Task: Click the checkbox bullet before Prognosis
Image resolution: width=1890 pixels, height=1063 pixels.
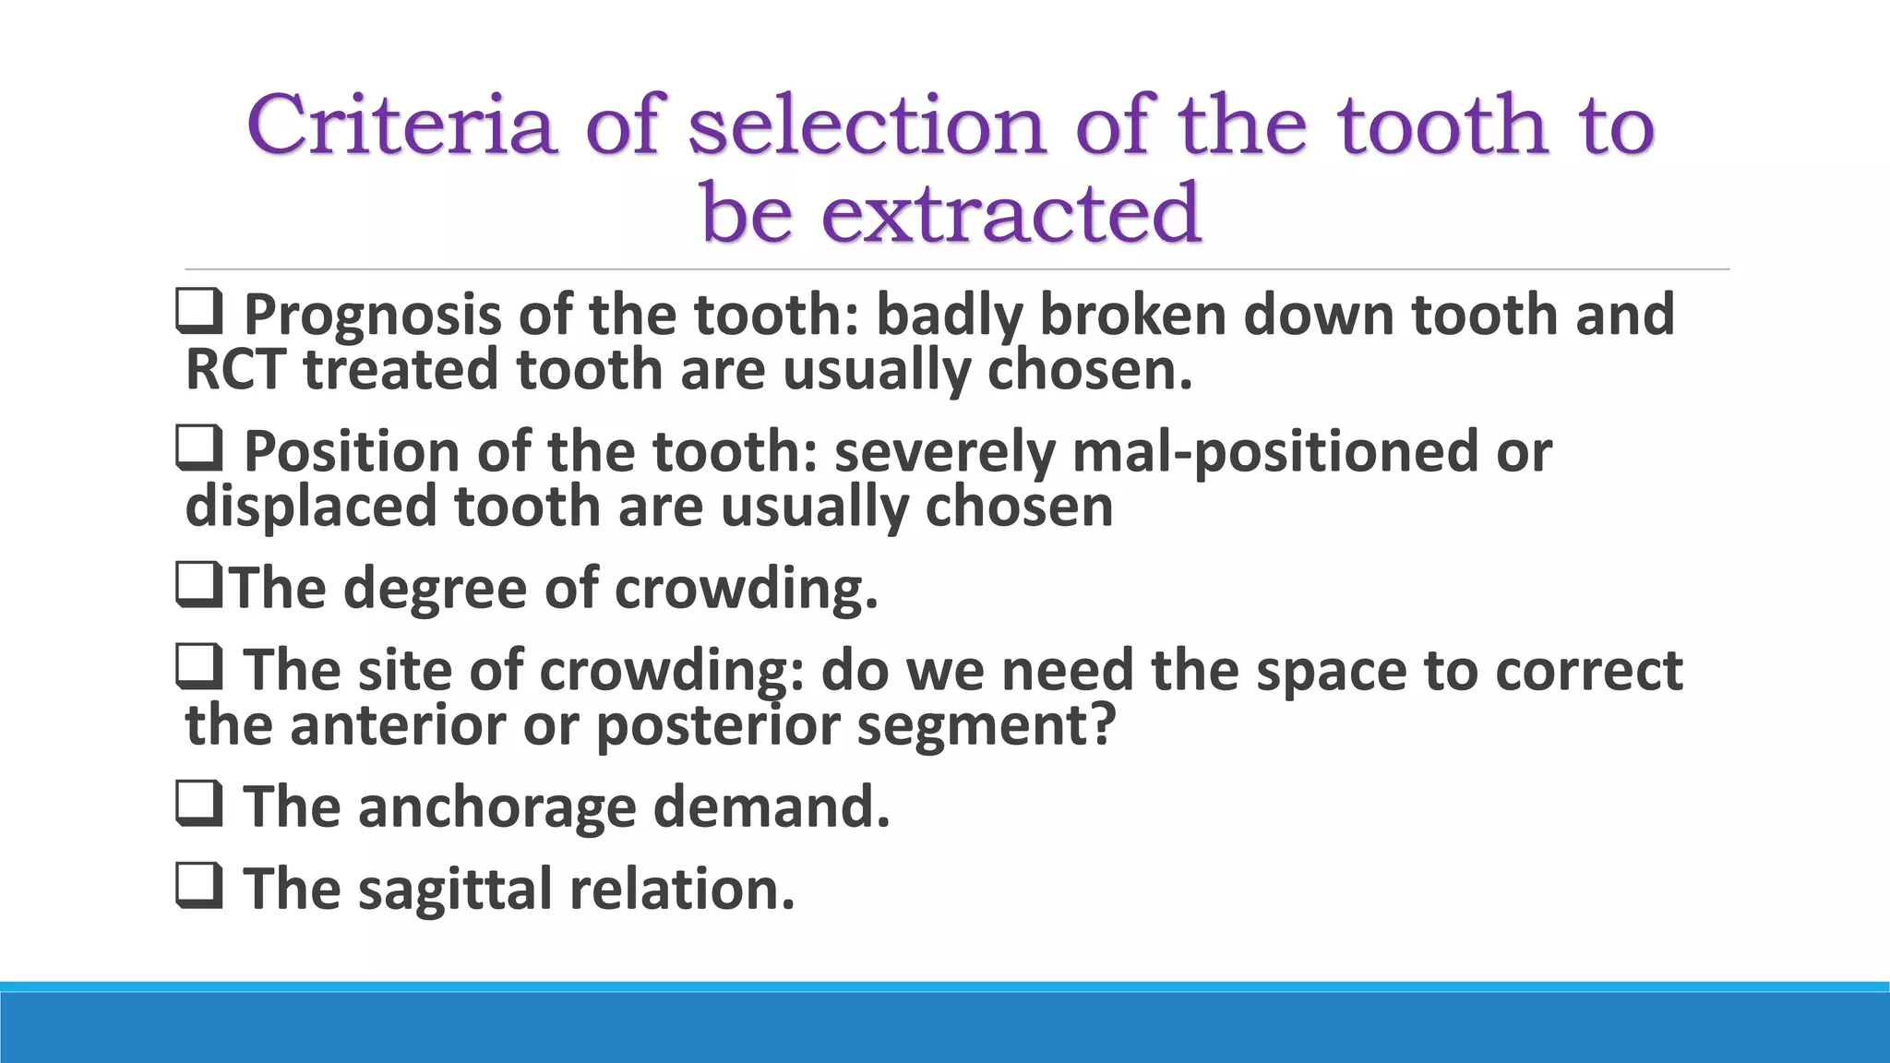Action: pyautogui.click(x=198, y=313)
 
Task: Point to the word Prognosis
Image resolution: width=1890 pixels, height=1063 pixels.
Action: pyautogui.click(x=372, y=316)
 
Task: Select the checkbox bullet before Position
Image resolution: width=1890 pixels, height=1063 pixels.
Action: pyautogui.click(x=198, y=449)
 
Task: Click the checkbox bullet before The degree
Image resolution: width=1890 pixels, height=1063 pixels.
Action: pyautogui.click(x=198, y=586)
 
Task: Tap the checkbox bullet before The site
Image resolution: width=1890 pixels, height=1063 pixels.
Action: pyautogui.click(x=198, y=667)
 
